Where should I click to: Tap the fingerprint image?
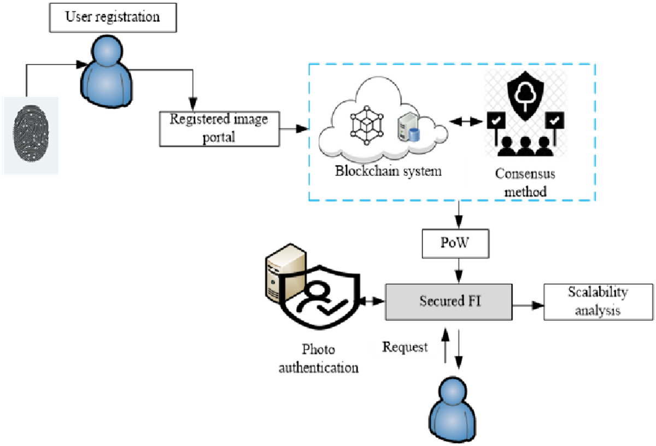coord(31,134)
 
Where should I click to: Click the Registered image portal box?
coord(219,128)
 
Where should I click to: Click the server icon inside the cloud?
coord(408,127)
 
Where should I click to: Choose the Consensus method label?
coord(525,183)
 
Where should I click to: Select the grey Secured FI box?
coord(450,301)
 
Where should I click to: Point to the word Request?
coord(405,347)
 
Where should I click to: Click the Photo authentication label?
coord(319,358)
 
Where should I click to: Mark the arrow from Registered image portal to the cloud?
coord(295,130)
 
